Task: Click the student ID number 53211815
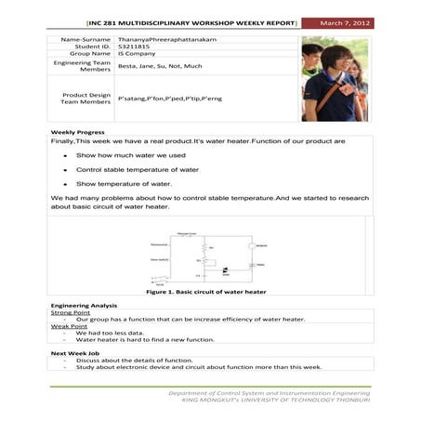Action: (x=134, y=46)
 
